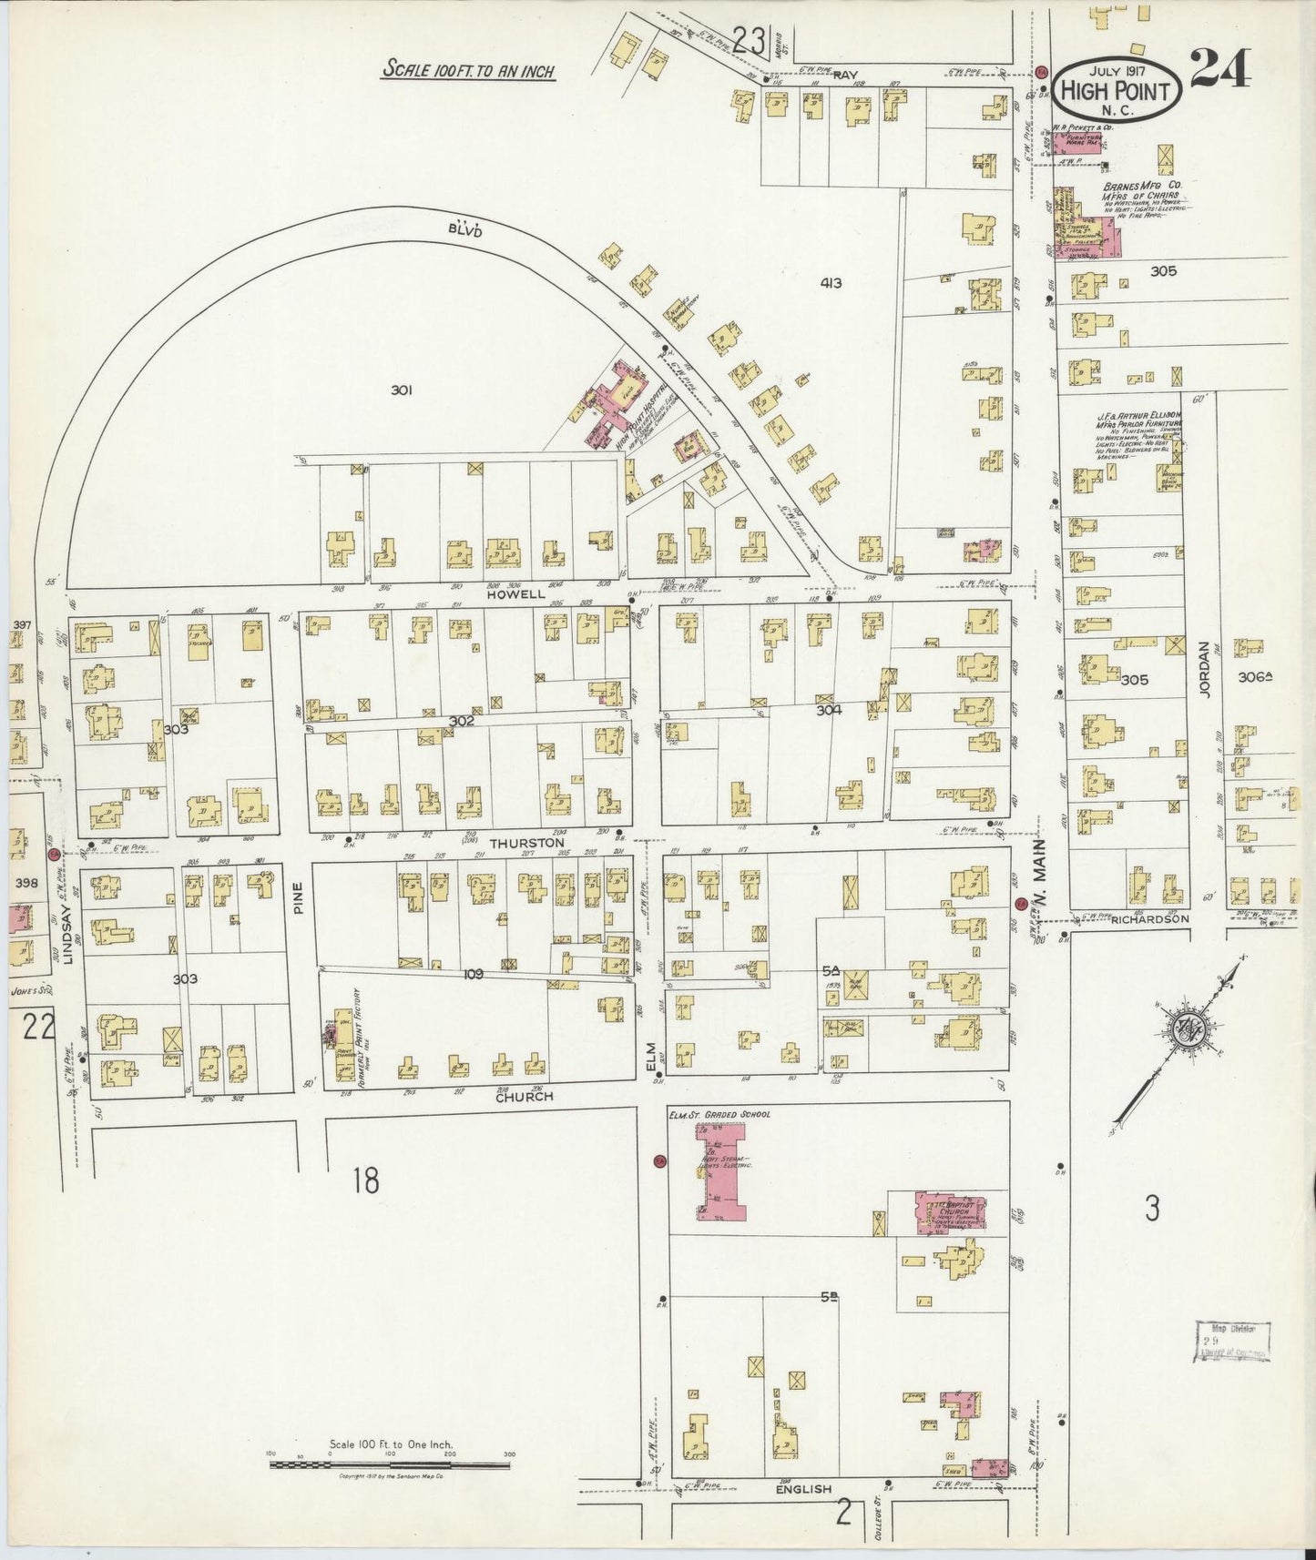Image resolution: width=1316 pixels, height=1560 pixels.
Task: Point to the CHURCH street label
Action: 524,1097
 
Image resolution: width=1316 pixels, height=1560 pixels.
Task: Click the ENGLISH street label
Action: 804,1489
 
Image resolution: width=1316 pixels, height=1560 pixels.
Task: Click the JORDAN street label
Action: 1203,670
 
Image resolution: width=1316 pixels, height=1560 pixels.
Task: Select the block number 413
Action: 830,283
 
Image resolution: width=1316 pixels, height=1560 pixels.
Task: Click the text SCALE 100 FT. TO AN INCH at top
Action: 468,70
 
